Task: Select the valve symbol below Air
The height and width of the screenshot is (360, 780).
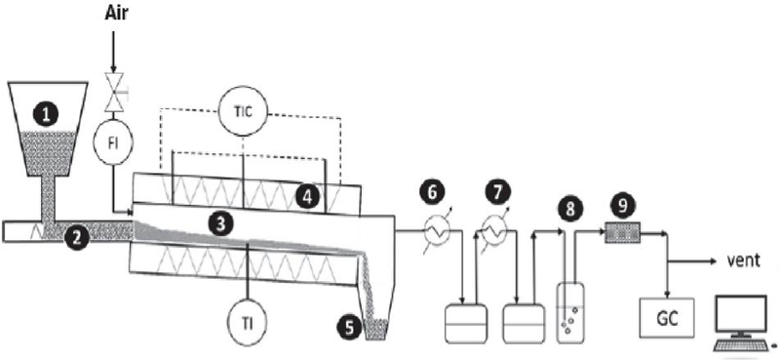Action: click(x=113, y=93)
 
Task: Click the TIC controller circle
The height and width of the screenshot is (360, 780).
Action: click(x=244, y=111)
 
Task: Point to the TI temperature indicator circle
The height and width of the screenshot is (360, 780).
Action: click(x=247, y=319)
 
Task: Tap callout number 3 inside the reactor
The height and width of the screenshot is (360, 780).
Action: click(x=221, y=223)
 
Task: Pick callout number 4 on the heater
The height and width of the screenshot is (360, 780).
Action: click(x=307, y=197)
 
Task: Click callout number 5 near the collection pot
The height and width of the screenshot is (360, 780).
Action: click(x=350, y=329)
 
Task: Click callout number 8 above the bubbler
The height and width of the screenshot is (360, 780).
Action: click(x=570, y=207)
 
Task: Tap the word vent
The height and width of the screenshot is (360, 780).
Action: click(x=741, y=260)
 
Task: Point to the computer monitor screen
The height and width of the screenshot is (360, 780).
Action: click(x=740, y=314)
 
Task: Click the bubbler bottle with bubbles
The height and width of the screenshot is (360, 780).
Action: click(x=570, y=313)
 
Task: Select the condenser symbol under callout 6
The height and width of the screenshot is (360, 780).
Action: click(x=438, y=230)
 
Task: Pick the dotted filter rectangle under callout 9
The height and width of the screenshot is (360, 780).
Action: click(x=622, y=233)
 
